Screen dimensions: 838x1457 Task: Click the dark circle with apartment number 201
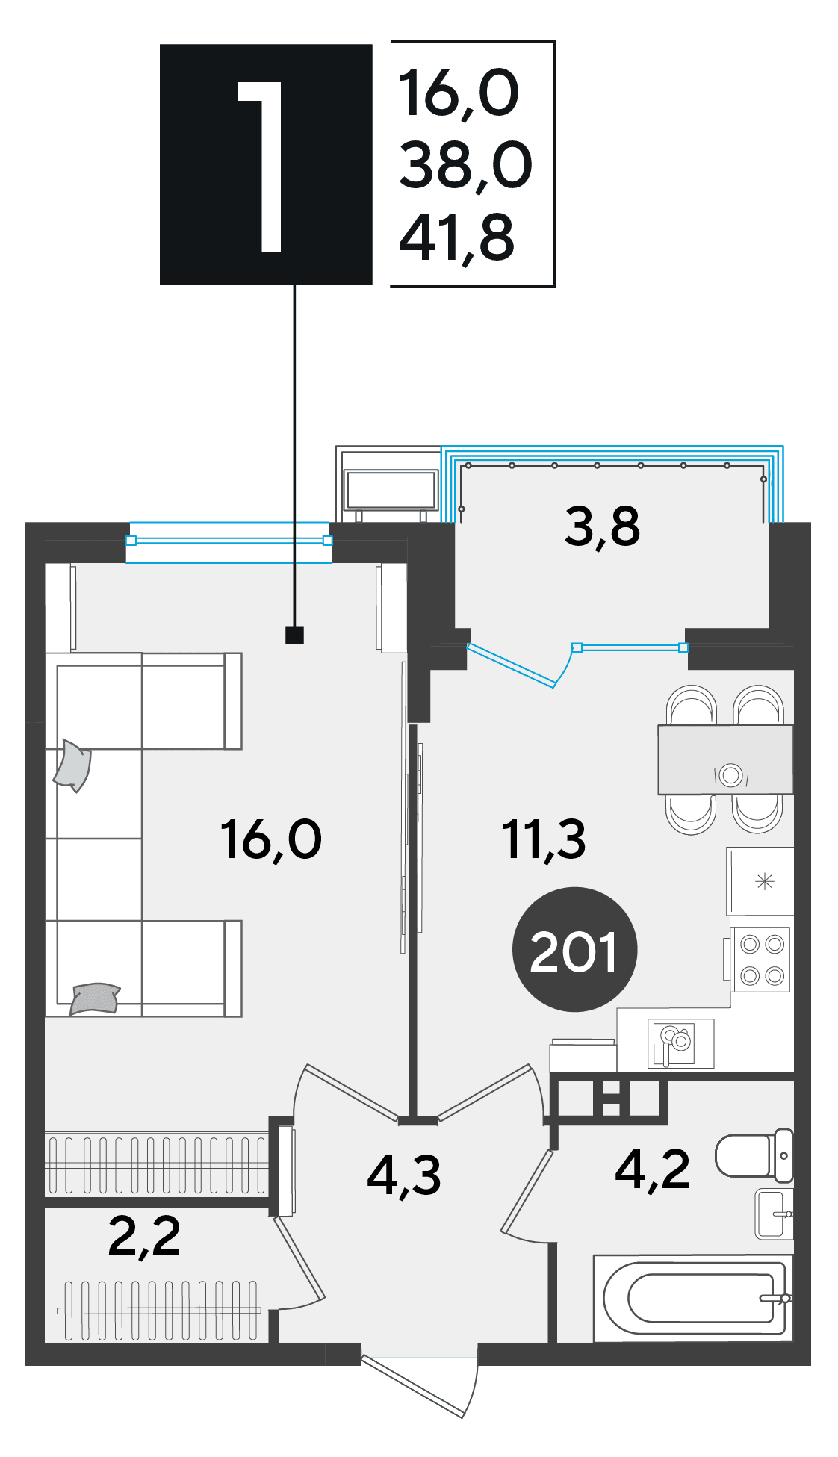click(x=574, y=949)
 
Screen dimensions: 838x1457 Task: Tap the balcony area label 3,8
click(x=602, y=526)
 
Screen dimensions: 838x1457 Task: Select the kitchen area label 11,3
click(x=544, y=839)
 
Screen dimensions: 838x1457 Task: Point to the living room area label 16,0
click(x=271, y=839)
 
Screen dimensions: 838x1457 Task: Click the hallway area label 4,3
click(x=404, y=1175)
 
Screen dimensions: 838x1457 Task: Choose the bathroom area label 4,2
click(x=652, y=1169)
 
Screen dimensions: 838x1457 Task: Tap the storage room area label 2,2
click(x=144, y=1236)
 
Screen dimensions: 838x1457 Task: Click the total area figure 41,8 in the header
click(x=457, y=238)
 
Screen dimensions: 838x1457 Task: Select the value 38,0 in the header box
click(x=465, y=165)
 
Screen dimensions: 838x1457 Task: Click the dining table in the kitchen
click(x=725, y=759)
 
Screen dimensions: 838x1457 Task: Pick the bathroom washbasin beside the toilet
click(x=774, y=1214)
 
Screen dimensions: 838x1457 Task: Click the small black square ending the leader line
click(x=295, y=635)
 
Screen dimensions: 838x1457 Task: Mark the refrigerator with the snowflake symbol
click(x=760, y=881)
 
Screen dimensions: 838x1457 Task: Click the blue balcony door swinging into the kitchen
click(x=512, y=665)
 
